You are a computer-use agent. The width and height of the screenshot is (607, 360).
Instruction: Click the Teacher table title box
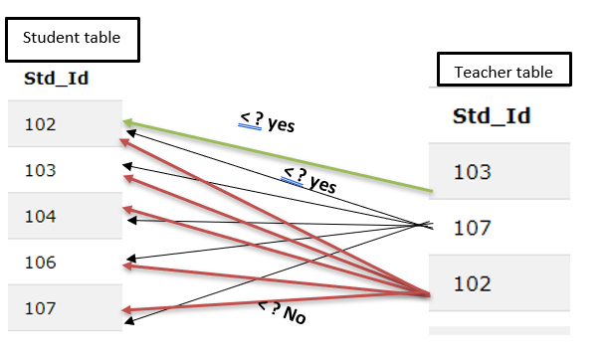point(504,73)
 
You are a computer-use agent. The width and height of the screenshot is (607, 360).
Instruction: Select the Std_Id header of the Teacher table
point(491,116)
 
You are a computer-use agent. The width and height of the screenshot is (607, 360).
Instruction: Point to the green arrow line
point(279,156)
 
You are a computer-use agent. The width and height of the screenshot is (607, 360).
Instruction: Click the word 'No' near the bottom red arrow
point(294,317)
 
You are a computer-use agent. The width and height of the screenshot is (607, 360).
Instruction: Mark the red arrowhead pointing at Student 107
point(127,311)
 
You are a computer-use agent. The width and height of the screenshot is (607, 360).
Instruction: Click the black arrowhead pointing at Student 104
point(130,220)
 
